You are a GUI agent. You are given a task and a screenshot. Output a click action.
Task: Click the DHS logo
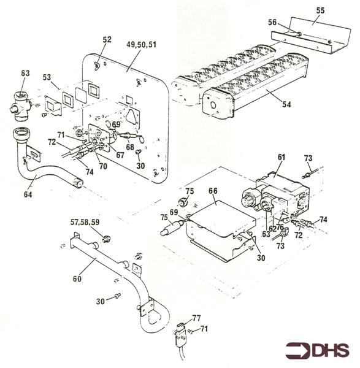tap(317, 350)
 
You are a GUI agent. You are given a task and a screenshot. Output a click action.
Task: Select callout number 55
tap(320, 10)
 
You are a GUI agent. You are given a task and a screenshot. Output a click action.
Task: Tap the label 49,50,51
tap(141, 44)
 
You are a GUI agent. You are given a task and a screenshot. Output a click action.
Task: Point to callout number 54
tap(286, 104)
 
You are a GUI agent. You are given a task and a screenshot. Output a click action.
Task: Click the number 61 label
tap(281, 157)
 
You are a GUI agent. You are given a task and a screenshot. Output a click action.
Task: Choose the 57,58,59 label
tap(85, 222)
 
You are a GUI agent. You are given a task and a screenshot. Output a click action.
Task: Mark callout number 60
tap(77, 279)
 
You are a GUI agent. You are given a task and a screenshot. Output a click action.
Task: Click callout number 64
tap(28, 194)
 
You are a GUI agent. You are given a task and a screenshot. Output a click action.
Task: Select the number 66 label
tap(213, 191)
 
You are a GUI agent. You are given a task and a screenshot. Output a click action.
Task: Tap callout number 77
tap(196, 318)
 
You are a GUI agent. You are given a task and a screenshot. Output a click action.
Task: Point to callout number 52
tap(107, 39)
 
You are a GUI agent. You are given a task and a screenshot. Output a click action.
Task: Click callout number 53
tap(47, 77)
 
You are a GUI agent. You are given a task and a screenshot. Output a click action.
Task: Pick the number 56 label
tap(272, 22)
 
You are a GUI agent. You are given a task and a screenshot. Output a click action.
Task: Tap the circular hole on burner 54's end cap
tap(213, 105)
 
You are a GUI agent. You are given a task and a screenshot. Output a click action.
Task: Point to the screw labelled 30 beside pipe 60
tap(117, 296)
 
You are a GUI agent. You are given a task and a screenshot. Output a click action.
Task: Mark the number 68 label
tap(130, 147)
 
